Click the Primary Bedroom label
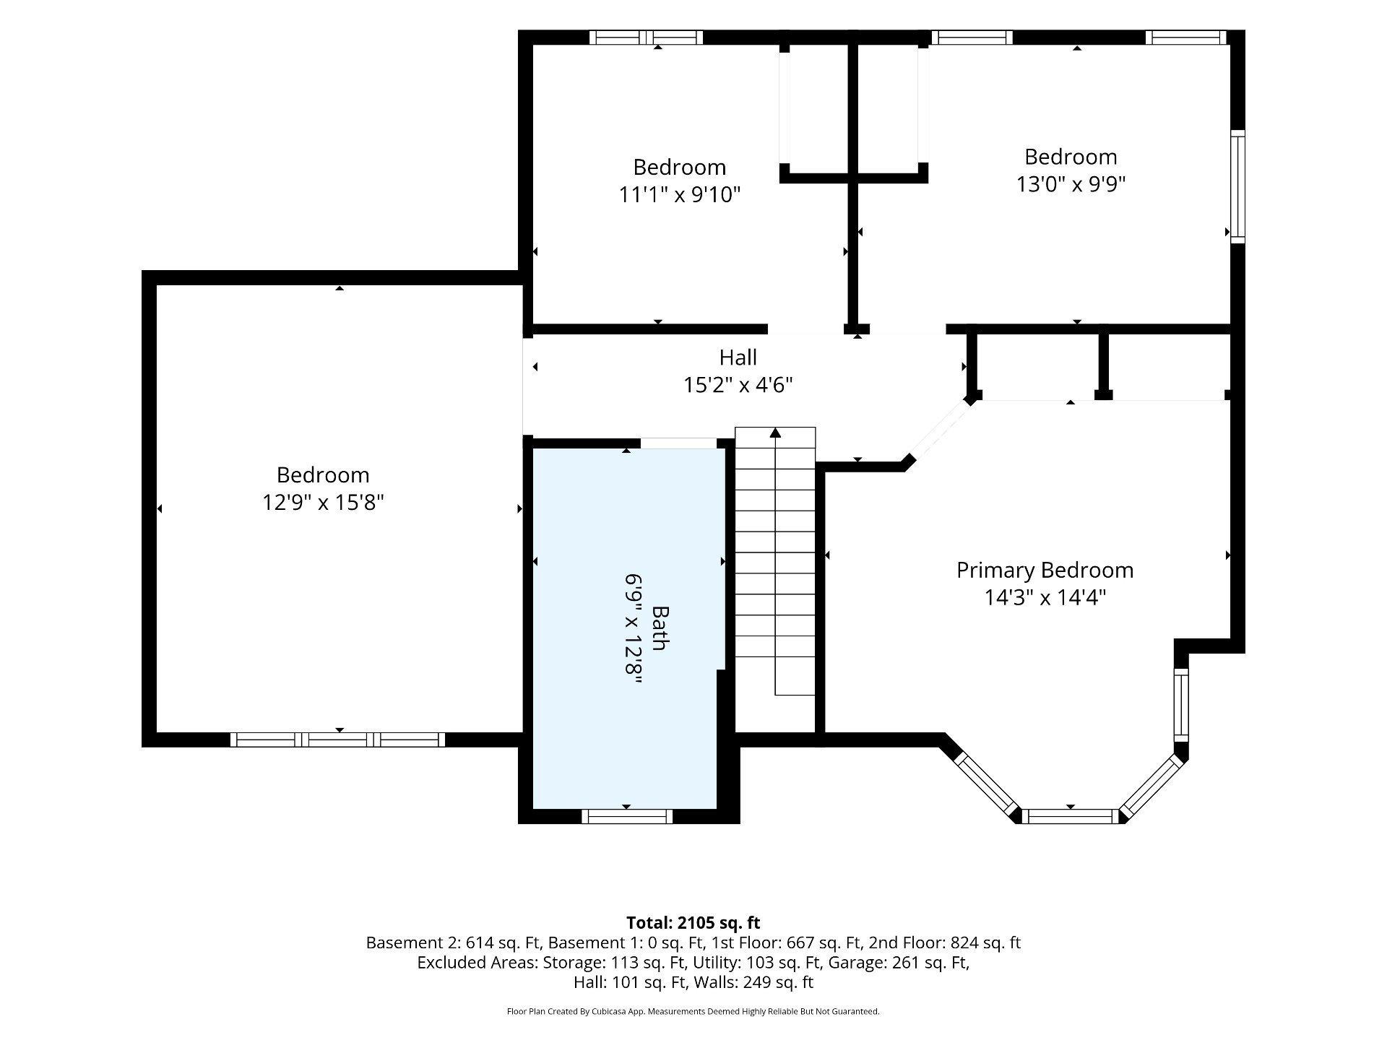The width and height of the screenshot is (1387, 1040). (1045, 571)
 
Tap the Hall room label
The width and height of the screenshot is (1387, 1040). (738, 357)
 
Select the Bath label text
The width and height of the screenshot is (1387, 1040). (659, 628)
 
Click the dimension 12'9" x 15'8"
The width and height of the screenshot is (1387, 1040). (323, 502)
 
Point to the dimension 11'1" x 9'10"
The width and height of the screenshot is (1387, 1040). (680, 194)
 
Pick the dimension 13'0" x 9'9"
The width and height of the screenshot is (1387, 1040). (1071, 184)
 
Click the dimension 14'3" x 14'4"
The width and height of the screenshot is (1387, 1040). (1045, 597)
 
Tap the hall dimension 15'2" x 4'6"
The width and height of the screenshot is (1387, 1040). (738, 385)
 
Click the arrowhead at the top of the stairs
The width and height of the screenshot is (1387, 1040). (775, 432)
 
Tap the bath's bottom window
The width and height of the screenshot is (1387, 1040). (627, 816)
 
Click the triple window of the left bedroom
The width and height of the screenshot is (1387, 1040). (337, 739)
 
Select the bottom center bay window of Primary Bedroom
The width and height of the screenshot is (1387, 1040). (1071, 816)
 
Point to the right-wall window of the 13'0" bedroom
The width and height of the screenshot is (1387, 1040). (1237, 186)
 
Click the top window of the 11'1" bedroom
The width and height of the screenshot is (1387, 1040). (646, 38)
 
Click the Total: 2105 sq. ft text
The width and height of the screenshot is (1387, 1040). (693, 922)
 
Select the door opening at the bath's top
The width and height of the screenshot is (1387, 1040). (678, 443)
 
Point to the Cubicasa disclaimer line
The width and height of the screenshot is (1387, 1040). (693, 1011)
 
